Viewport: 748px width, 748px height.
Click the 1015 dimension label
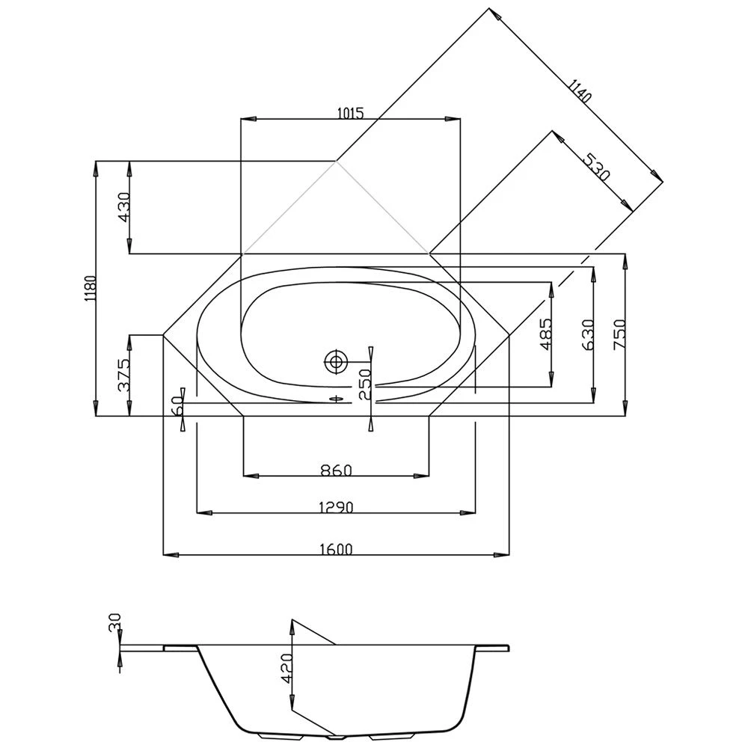point(350,114)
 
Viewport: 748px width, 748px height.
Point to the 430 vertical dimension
point(124,207)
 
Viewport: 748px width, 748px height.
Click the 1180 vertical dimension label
point(90,289)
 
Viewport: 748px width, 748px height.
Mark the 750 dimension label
point(620,334)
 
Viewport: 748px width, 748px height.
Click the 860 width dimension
point(336,470)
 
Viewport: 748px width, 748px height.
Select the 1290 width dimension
point(336,507)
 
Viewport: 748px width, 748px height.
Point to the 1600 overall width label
point(336,549)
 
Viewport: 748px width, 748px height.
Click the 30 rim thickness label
point(114,622)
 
